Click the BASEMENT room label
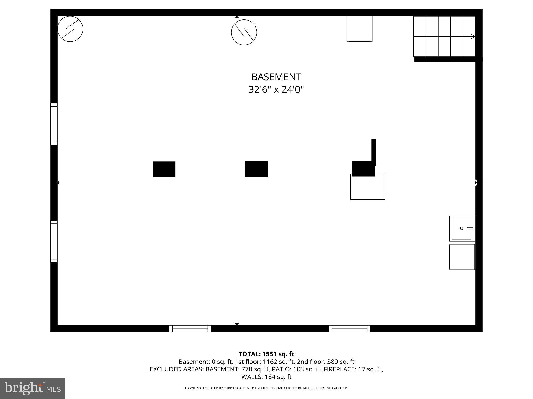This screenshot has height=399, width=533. click(276, 77)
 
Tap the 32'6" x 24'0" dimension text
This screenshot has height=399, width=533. click(276, 90)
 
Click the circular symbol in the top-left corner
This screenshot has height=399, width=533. click(70, 29)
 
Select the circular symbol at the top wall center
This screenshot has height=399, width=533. click(244, 32)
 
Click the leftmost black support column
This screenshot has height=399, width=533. click(164, 169)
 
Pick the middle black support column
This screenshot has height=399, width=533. click(256, 169)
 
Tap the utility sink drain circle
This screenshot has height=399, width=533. click(461, 229)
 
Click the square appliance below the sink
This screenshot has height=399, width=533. click(462, 257)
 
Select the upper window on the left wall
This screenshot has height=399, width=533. click(54, 124)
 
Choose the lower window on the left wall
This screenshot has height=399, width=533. click(54, 241)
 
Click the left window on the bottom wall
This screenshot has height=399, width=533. click(190, 329)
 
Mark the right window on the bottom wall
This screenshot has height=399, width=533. click(350, 329)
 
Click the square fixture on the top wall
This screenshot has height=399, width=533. click(359, 29)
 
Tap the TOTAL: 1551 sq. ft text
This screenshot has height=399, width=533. click(266, 354)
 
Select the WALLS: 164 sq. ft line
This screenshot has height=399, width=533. click(266, 377)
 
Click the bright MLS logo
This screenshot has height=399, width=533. click(33, 388)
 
